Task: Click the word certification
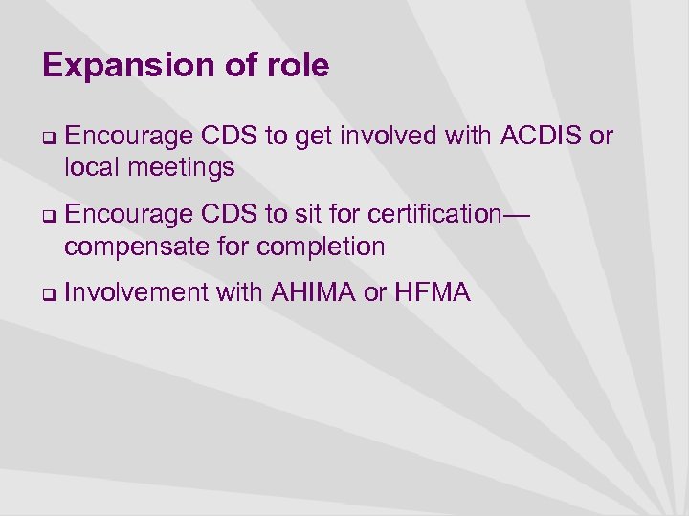434,215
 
